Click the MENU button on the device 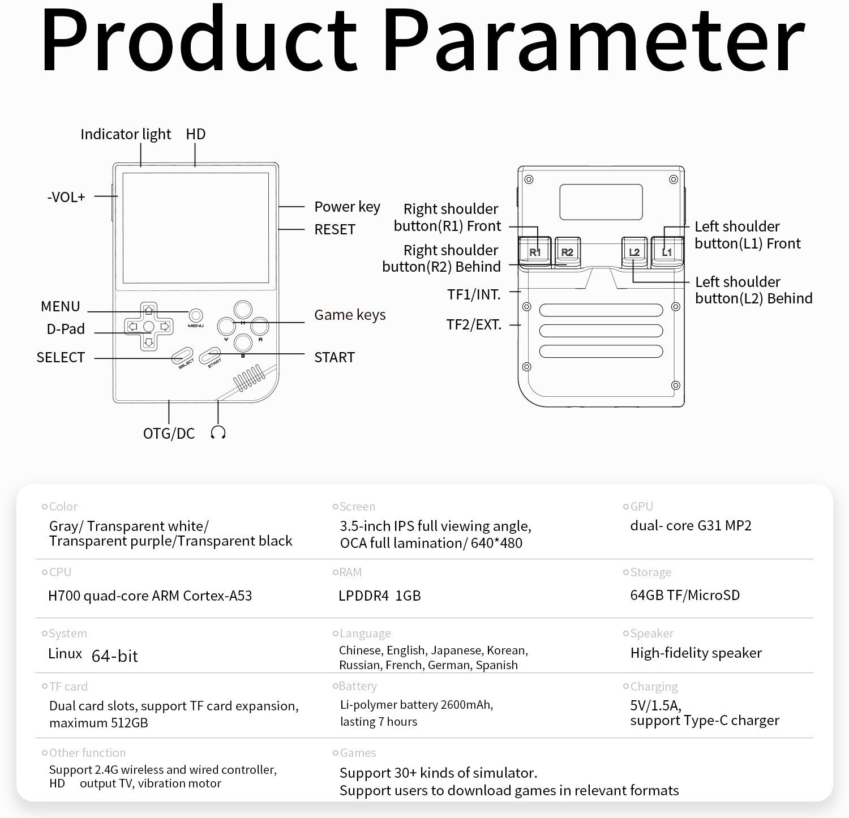click(196, 315)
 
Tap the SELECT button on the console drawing click(182, 356)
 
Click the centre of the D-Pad click(148, 327)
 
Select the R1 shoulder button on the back click(535, 251)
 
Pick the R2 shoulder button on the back click(567, 251)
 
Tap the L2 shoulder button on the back click(634, 251)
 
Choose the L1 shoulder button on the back click(667, 251)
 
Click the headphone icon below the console click(218, 433)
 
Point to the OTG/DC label click(169, 434)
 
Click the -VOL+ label click(66, 197)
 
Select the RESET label click(335, 229)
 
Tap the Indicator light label click(125, 134)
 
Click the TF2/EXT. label click(474, 324)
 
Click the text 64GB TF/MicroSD click(685, 595)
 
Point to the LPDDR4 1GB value click(379, 596)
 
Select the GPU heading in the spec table click(641, 506)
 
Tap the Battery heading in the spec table click(357, 686)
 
